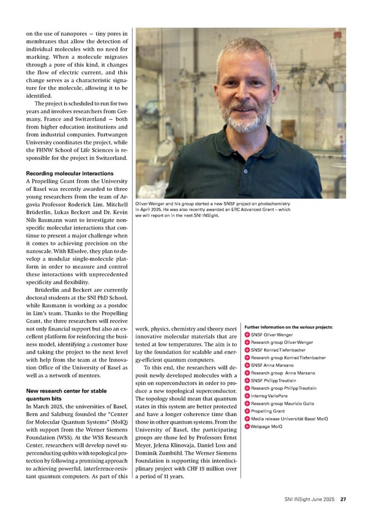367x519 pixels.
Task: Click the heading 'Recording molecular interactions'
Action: pos(70,174)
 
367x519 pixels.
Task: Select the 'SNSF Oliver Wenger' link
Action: pos(272,335)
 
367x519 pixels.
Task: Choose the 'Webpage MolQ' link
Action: pos(266,426)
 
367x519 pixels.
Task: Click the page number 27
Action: pos(344,500)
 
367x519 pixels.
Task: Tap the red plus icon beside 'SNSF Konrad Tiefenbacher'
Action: pos(247,350)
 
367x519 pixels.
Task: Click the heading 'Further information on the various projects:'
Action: pos(287,327)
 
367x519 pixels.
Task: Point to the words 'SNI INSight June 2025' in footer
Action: pos(310,500)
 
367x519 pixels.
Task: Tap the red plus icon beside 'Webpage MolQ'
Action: pos(247,426)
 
